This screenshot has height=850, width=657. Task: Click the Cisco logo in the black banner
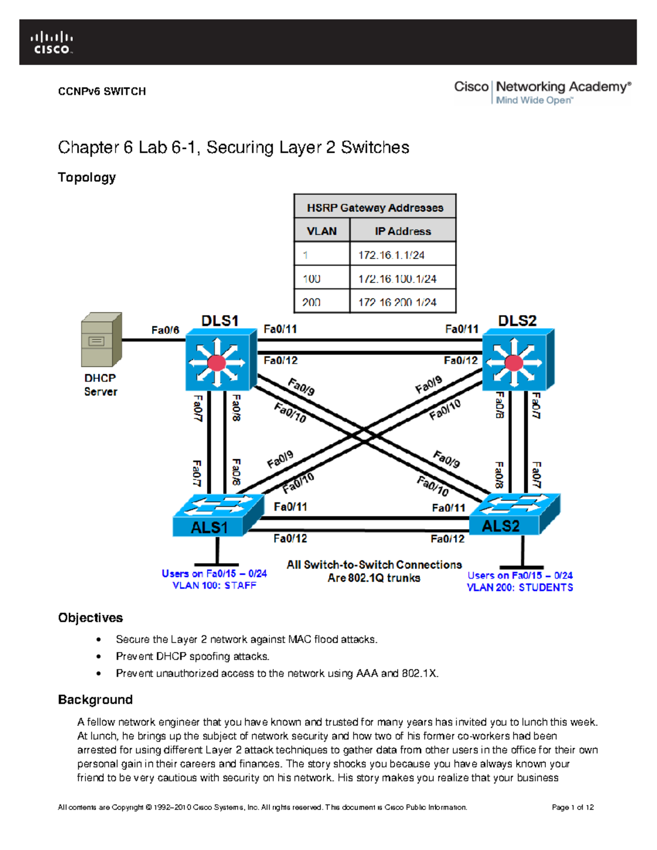pyautogui.click(x=51, y=43)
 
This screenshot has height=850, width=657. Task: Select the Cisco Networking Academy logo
pyautogui.click(x=542, y=92)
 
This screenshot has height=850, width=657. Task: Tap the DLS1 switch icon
pyautogui.click(x=221, y=360)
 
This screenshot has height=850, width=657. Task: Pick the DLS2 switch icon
pyautogui.click(x=517, y=360)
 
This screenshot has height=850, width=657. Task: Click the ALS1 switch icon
pyautogui.click(x=218, y=516)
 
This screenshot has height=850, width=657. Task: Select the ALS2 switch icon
pyautogui.click(x=515, y=514)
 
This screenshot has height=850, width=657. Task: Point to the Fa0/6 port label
pyautogui.click(x=165, y=330)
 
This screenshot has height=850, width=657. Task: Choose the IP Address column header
pyautogui.click(x=402, y=231)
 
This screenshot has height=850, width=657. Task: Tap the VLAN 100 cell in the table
pyautogui.click(x=321, y=279)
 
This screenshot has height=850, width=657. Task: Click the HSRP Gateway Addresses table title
pyautogui.click(x=374, y=207)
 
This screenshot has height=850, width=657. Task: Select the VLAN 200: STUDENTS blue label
pyautogui.click(x=520, y=587)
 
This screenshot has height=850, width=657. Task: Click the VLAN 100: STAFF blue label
pyautogui.click(x=214, y=585)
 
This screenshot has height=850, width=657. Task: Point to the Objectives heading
pyautogui.click(x=90, y=617)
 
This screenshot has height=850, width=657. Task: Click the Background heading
pyautogui.click(x=95, y=699)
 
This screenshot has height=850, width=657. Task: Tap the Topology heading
pyautogui.click(x=87, y=177)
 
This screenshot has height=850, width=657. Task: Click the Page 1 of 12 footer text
pyautogui.click(x=573, y=807)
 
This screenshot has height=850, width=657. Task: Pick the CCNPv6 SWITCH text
pyautogui.click(x=102, y=91)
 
